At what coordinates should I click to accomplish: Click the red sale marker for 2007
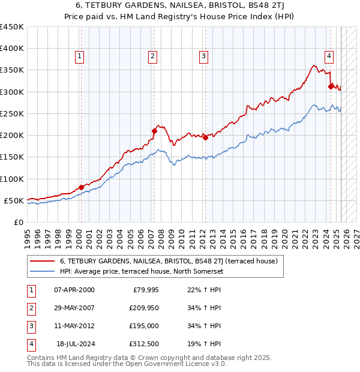[x=154, y=130]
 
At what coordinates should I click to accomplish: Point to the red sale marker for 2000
[x=81, y=187]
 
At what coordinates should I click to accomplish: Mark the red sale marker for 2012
[x=205, y=137]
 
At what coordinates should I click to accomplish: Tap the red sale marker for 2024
[x=331, y=86]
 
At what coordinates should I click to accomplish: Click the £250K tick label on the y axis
[x=11, y=113]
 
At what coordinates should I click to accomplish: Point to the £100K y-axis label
[x=11, y=179]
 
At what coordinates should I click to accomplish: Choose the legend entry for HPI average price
[x=141, y=271]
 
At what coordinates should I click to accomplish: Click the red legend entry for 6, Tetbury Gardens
[x=168, y=262]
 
